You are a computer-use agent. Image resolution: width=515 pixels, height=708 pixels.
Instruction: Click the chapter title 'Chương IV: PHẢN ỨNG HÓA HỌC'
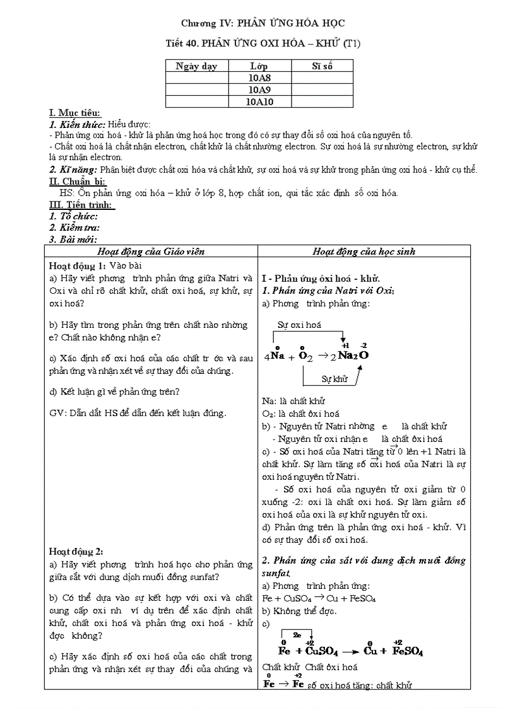[263, 23]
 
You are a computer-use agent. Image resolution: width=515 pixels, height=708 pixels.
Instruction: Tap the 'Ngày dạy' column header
[196, 66]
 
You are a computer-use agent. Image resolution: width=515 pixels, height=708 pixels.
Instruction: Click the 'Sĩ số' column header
[322, 66]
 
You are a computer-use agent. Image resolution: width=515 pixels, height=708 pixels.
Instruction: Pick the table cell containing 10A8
[259, 78]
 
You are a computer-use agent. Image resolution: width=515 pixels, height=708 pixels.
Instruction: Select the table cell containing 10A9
[259, 90]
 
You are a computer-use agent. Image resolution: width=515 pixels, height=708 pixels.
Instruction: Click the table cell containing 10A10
[259, 102]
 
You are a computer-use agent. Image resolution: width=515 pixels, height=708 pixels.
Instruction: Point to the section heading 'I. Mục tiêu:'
[74, 113]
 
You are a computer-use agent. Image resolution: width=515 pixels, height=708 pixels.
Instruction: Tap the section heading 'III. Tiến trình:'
[81, 205]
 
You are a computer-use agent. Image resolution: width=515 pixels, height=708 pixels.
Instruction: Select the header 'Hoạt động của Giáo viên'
[151, 251]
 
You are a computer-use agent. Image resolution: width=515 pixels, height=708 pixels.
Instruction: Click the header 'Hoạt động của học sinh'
[364, 251]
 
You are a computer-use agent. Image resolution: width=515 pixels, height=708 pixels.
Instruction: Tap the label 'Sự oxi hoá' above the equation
[299, 325]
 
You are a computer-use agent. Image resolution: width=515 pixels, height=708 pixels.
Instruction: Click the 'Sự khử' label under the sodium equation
[334, 379]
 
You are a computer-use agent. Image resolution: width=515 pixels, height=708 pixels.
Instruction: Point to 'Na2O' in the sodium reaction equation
[353, 355]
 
